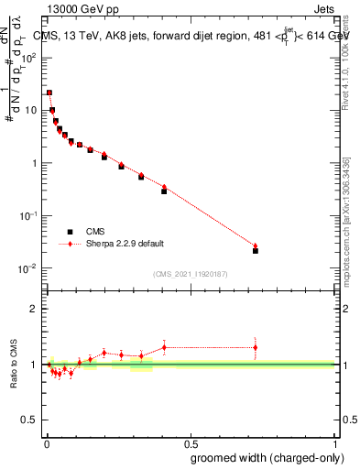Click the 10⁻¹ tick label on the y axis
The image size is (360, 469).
27,215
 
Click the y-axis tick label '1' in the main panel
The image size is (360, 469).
35,163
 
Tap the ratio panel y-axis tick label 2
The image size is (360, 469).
34,309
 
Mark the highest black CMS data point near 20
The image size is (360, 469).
49,93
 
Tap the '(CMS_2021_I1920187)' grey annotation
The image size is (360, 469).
190,273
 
